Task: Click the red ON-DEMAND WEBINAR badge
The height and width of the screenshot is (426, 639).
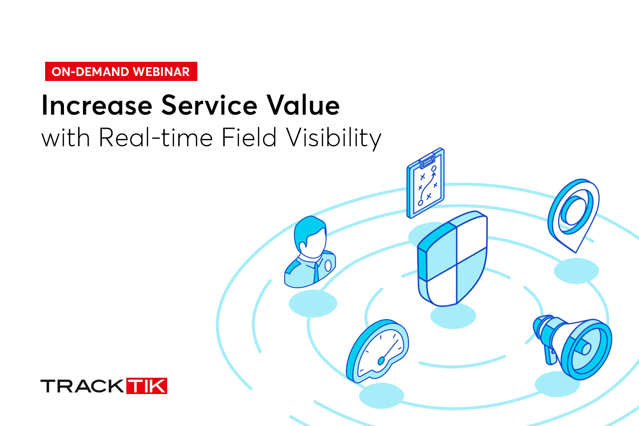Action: coord(121,71)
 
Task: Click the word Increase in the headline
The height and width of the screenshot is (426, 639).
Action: coord(97,105)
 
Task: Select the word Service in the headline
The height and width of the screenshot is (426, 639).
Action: coord(209,105)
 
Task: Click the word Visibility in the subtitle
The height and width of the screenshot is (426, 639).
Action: coord(334,138)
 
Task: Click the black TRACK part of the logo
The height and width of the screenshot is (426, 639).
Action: coord(82,386)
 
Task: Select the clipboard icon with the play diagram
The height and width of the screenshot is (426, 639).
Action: coord(425,183)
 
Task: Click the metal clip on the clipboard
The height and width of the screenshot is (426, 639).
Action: coord(427,161)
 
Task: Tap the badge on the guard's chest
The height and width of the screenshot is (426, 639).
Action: coord(328,265)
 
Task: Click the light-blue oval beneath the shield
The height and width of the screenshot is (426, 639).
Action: coord(453,316)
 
